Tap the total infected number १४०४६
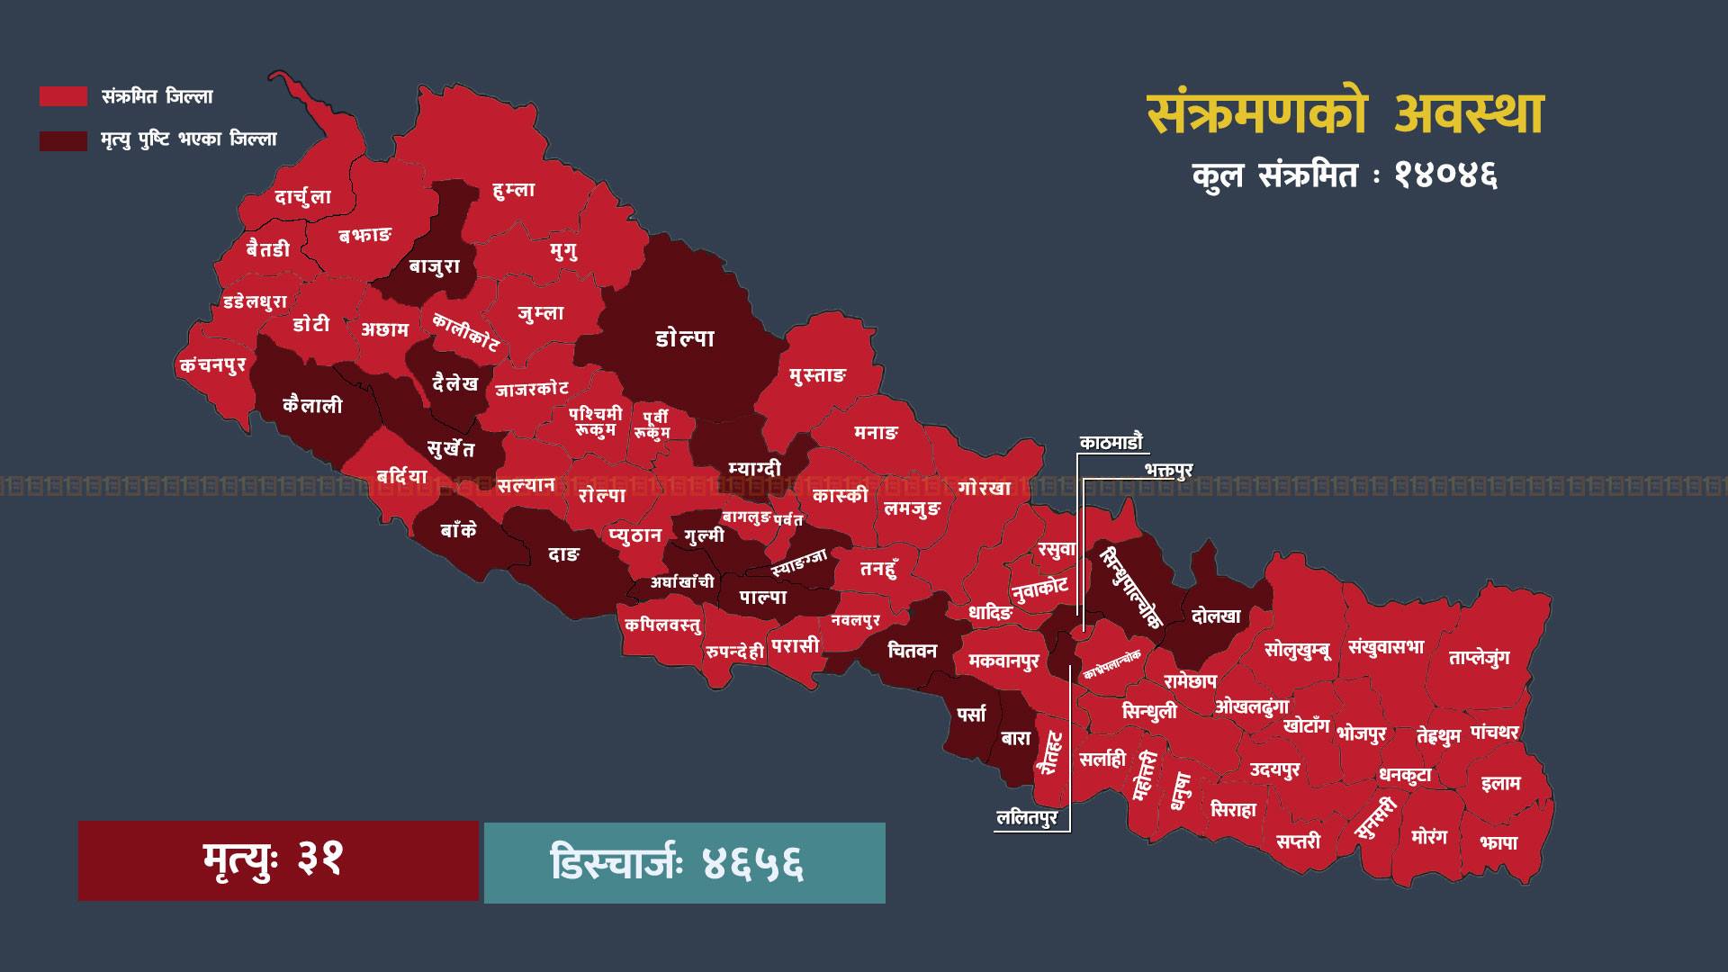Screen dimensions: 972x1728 coord(1445,175)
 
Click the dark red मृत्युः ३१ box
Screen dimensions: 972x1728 coord(278,860)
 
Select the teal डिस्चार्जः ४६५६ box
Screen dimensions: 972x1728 coord(684,862)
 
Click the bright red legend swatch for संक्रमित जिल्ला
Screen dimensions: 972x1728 coord(63,96)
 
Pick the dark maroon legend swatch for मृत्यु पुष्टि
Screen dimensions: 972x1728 coord(63,140)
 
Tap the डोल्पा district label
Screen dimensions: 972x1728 coord(685,338)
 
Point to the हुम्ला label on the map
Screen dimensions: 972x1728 coord(514,190)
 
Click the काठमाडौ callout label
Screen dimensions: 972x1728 coord(1111,442)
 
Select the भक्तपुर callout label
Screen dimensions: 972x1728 coord(1169,471)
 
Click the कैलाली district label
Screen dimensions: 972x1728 coord(312,406)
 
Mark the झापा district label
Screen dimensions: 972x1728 coord(1498,843)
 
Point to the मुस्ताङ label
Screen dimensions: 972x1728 coord(817,375)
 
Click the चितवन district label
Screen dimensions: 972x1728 coord(912,651)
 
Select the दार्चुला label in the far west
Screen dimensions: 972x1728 coord(303,197)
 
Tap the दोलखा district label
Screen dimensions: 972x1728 coord(1216,616)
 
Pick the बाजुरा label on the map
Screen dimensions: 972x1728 coord(435,266)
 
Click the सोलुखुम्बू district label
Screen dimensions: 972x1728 coord(1297,650)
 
